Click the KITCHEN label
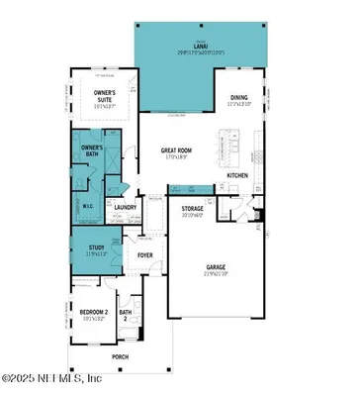238,175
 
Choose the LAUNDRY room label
126,207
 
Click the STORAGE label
192,210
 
